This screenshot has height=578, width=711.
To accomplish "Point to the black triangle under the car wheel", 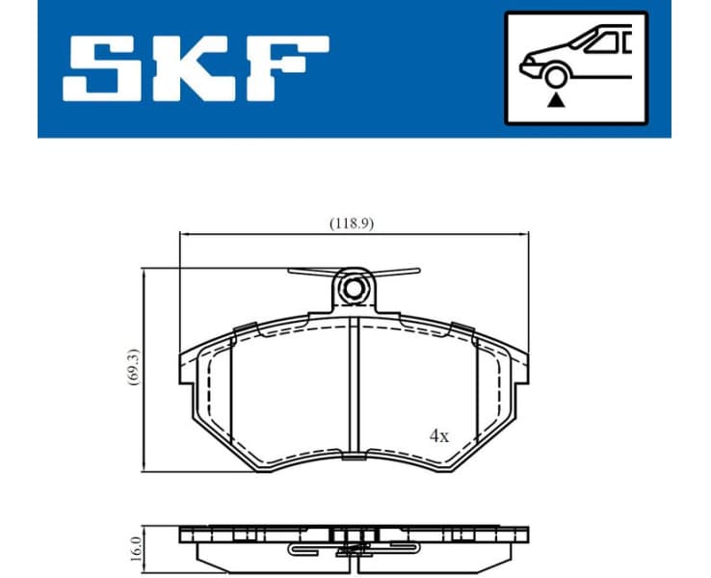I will pyautogui.click(x=555, y=100).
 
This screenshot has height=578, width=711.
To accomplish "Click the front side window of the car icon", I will pyautogui.click(x=605, y=41).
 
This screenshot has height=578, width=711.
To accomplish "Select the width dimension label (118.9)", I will pyautogui.click(x=352, y=223).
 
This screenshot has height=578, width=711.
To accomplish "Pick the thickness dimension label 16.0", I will pyautogui.click(x=135, y=549).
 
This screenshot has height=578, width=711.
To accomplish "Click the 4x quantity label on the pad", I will pyautogui.click(x=438, y=435).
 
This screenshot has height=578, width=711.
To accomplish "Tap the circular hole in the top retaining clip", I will pyautogui.click(x=355, y=287).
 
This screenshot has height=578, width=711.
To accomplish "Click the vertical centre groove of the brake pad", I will pyautogui.click(x=357, y=385).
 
